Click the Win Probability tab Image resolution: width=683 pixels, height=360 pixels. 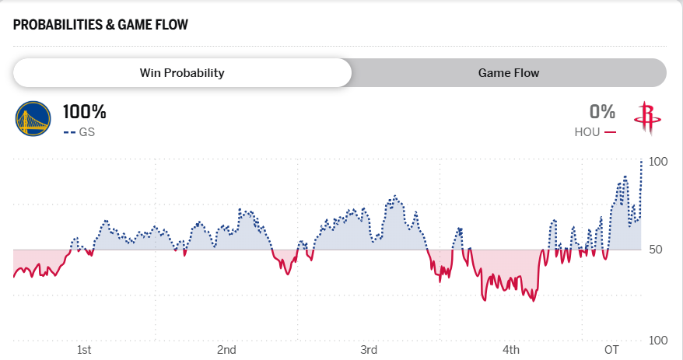[182, 73]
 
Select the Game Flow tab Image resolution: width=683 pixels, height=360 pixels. [509, 73]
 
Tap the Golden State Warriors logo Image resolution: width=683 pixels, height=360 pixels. [33, 118]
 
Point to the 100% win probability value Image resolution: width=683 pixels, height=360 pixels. [84, 112]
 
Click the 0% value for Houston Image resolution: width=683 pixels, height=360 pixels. [602, 112]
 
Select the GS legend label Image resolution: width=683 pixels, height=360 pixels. [87, 132]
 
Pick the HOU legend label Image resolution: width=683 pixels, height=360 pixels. [587, 132]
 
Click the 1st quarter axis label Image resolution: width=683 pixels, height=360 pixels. [84, 350]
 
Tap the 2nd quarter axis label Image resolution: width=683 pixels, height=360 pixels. [226, 350]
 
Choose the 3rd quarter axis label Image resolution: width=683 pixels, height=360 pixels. [369, 350]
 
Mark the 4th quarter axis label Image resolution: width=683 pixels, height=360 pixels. [511, 350]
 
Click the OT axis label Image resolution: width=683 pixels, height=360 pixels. [611, 350]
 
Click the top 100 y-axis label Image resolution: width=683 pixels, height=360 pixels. [658, 162]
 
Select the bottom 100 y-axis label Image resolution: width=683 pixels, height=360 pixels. [658, 341]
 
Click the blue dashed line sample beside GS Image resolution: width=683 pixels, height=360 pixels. [69, 132]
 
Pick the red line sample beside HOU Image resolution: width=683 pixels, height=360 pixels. [610, 132]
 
